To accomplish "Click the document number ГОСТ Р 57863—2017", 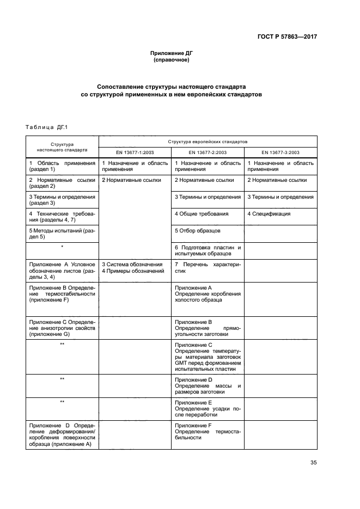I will coord(288,37).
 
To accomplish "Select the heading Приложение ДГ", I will coord(172,53).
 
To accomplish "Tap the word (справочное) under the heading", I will coord(172,60).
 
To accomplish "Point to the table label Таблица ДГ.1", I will coord(45,127).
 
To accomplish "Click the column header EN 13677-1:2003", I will coord(135,152).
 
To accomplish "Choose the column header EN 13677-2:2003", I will coord(208,152).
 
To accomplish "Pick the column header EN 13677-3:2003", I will coord(280,152).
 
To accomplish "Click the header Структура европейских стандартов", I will coord(208,141).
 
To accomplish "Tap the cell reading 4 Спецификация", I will coord(269,214).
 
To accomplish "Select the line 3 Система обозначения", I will coord(132,264).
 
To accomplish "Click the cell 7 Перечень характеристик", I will coord(208,267).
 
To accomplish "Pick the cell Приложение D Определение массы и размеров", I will coord(208,385).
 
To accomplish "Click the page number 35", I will coord(313,463).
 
